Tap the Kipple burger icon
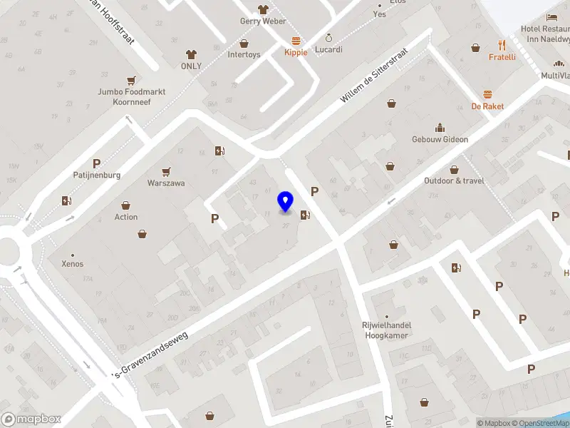point(296,41)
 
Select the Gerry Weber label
point(263,21)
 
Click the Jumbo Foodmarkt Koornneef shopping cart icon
point(130,81)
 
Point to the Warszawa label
point(166,183)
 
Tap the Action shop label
point(126,217)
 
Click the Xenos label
point(72,264)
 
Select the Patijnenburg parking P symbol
point(96,163)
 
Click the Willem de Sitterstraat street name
point(373,76)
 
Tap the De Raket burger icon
point(487,94)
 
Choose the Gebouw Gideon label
point(440,139)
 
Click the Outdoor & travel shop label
point(454,180)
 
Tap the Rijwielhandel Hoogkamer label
point(387,330)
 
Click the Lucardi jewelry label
point(328,50)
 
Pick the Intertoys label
point(244,54)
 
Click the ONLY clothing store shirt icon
point(191,54)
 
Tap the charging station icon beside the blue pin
point(305,215)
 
